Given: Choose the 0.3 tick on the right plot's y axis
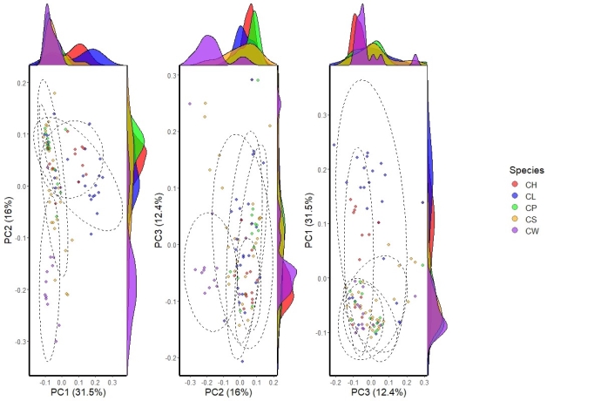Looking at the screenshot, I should (321, 115).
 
